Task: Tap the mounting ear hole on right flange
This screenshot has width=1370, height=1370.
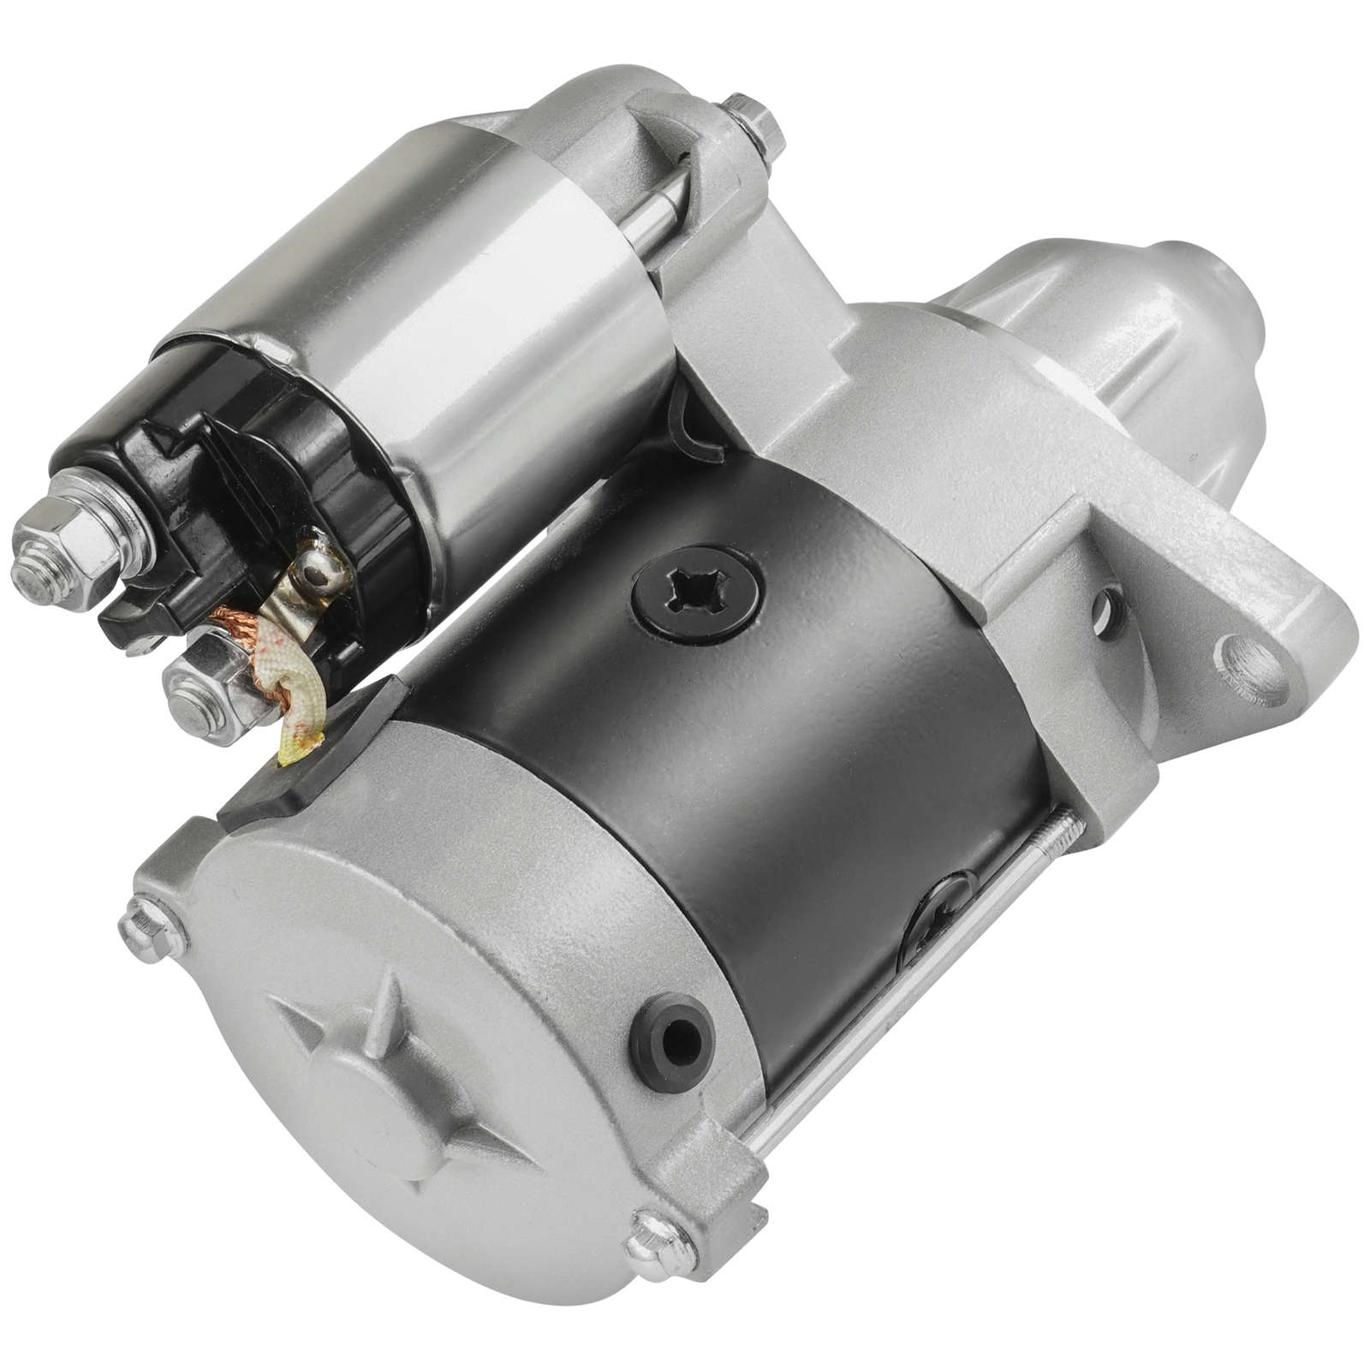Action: tap(1255, 668)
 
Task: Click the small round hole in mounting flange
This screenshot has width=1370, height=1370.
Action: tap(1109, 612)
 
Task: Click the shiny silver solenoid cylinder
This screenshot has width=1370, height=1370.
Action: tap(479, 325)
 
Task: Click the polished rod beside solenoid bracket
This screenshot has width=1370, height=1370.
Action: tap(655, 205)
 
